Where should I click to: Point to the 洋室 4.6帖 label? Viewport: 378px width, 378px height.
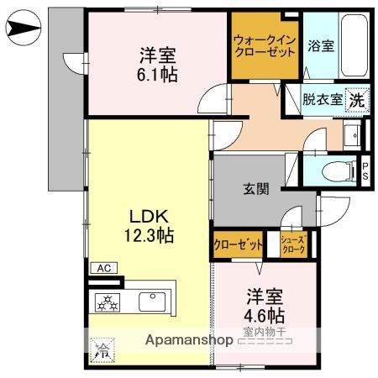[265, 307]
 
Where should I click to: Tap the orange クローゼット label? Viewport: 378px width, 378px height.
[239, 244]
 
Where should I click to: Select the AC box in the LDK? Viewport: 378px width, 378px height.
[105, 268]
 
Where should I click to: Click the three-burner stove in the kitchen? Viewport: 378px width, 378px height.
[110, 300]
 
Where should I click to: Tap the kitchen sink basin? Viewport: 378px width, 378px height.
[155, 299]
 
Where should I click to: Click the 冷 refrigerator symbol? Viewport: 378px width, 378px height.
[100, 348]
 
